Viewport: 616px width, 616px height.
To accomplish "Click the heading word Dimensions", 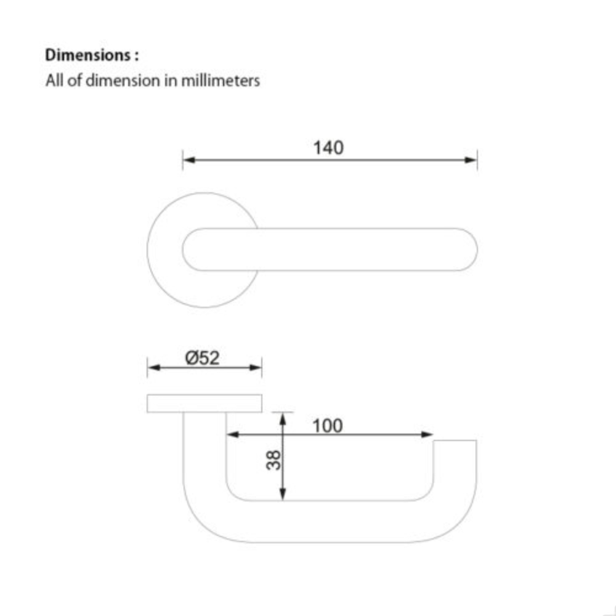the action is pos(87,55).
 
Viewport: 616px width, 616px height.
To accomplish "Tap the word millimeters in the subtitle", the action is pos(221,81).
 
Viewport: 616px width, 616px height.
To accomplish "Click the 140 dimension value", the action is pos(328,148).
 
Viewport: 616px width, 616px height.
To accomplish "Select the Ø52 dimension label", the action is pos(202,358).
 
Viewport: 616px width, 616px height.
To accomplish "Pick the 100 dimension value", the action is pos(327,426).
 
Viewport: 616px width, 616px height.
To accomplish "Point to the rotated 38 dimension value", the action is pos(274,460).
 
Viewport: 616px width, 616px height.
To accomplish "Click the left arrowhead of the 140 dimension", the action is pos(189,160).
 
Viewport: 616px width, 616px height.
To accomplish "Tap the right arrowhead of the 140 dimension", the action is pos(471,160).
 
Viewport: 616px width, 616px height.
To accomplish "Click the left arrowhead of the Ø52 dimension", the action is pos(154,368).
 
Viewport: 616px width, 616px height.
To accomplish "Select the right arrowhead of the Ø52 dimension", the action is pos(256,368).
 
